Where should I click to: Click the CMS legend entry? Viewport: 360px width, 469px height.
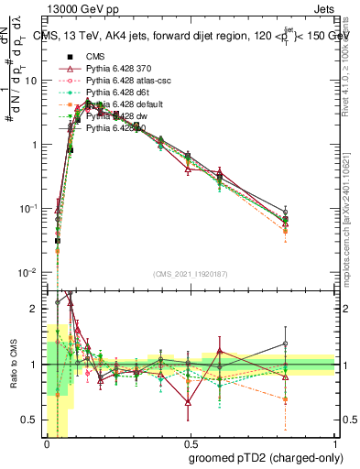96,57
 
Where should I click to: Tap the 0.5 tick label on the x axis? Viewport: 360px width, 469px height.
191,444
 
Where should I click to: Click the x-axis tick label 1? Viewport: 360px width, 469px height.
336,444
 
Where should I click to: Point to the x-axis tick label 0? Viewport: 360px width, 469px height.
47,444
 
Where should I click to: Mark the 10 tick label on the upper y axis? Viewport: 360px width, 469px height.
30,81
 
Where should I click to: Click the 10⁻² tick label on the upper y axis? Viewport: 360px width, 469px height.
28,273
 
